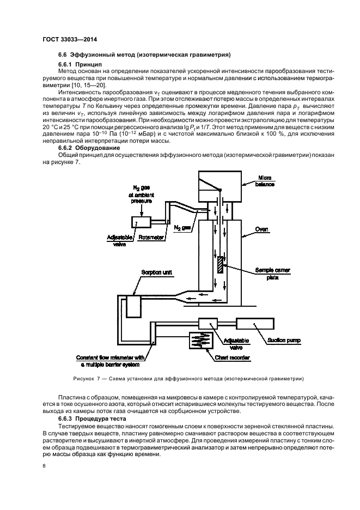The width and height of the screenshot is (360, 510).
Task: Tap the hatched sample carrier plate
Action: [219, 265]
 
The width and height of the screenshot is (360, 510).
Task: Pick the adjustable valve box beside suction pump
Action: [207, 323]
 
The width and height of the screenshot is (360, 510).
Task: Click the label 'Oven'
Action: [263, 230]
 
